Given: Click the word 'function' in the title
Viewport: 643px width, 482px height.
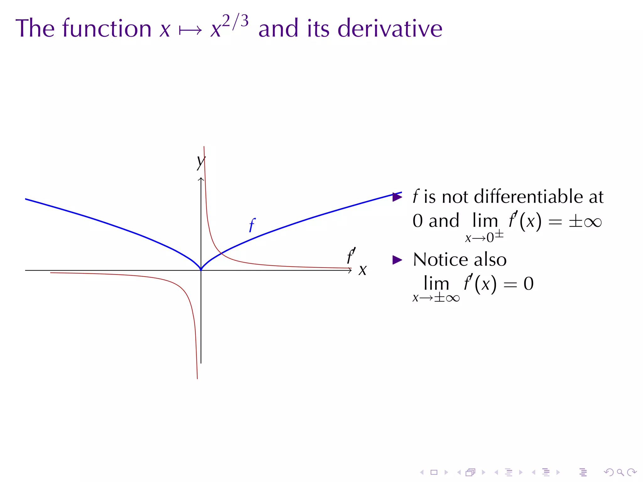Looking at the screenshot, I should pos(107,28).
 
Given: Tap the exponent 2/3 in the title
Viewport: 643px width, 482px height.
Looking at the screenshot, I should pos(235,21).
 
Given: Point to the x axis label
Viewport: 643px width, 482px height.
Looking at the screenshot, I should pos(363,270).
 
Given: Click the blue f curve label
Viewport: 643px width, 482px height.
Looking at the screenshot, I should pos(252,225).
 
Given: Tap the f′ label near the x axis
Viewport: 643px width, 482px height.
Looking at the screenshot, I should pos(351,256).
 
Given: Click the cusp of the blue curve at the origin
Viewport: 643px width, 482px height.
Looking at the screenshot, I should pos(201,270).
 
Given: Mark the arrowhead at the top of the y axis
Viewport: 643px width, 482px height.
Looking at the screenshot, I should pos(201,179).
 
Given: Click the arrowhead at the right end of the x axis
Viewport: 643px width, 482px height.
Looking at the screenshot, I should pos(350,270).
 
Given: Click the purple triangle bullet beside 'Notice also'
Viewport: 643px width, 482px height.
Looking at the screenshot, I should pos(397,260).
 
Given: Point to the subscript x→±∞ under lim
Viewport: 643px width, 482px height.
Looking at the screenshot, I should pos(436,298).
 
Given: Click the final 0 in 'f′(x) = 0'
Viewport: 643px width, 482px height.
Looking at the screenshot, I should pos(528,284).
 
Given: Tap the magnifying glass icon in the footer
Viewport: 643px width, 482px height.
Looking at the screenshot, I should pos(620,472).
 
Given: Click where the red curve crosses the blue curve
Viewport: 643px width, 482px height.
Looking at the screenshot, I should pos(221,253).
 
